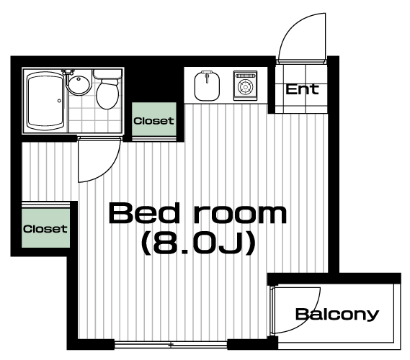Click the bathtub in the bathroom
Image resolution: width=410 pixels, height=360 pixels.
click(45, 101)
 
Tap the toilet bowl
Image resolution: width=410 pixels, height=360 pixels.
click(107, 94)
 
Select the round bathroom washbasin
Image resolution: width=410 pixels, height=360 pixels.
click(79, 85)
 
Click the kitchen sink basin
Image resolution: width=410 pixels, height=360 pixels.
click(207, 86)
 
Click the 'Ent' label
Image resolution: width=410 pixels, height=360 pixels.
click(302, 89)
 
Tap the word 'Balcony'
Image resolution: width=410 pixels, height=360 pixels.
click(337, 315)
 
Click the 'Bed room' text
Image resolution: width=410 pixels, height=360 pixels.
click(197, 214)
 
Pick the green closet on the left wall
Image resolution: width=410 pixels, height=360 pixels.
click(46, 228)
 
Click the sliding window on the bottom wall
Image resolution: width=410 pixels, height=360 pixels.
click(171, 345)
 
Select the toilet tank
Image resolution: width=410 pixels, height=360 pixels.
click(107, 73)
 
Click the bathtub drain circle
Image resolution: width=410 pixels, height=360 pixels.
click(59, 101)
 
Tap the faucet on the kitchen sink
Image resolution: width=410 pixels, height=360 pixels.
click(207, 76)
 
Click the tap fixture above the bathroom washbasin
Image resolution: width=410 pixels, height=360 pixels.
click(68, 72)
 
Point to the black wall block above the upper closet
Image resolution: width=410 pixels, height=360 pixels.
click(154, 84)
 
